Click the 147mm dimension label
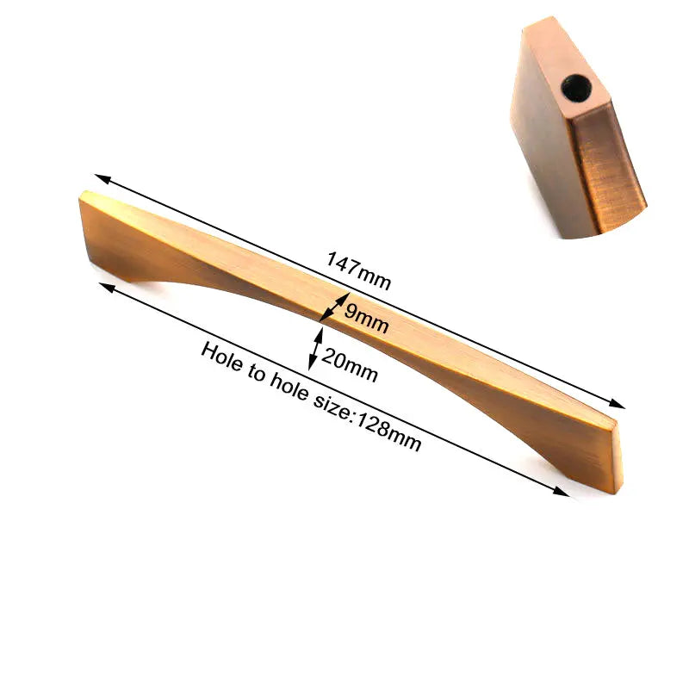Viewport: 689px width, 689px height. point(359,270)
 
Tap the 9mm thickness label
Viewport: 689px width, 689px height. point(366,319)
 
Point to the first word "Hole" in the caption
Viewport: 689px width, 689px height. point(219,357)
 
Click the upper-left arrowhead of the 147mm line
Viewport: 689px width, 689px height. point(101,177)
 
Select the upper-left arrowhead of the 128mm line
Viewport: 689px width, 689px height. point(105,286)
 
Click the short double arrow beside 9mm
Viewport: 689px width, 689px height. point(331,307)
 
